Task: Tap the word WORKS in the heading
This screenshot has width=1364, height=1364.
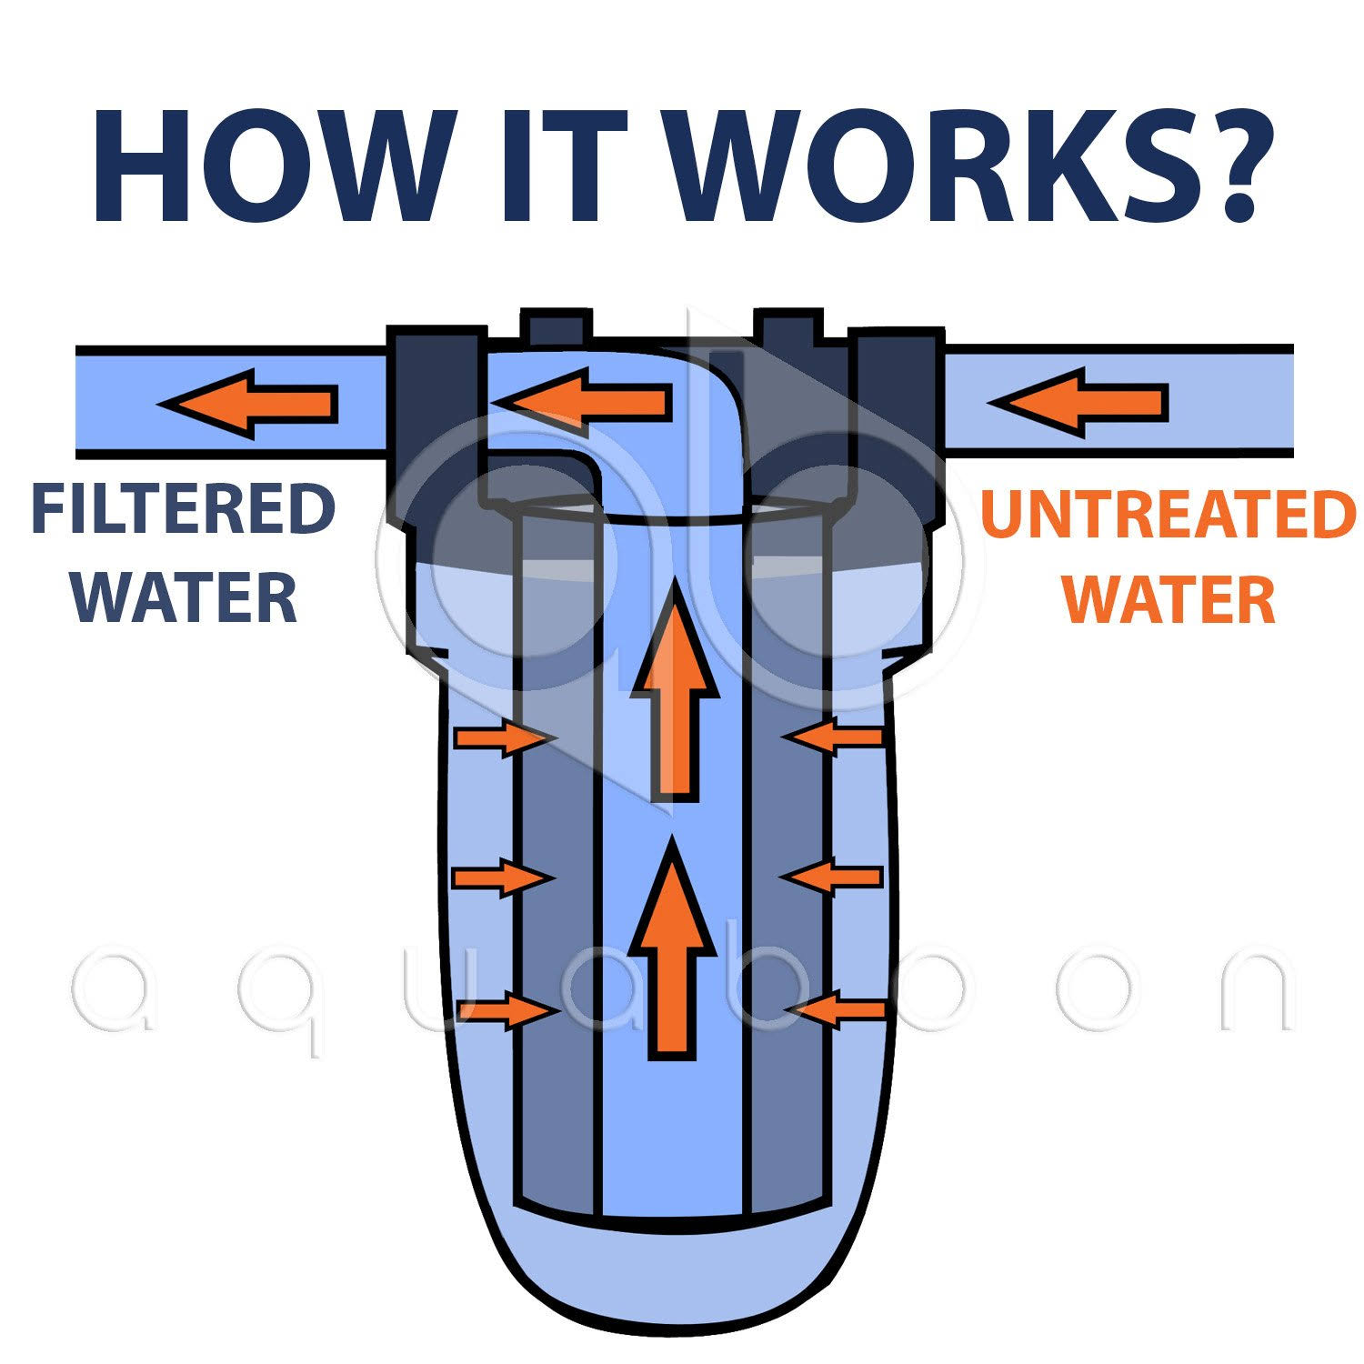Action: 918,168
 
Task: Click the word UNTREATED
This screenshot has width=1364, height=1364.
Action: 1168,515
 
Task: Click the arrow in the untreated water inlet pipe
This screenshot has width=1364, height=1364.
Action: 1078,401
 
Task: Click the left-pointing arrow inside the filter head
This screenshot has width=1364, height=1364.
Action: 583,397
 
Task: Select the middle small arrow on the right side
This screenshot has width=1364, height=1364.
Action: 831,877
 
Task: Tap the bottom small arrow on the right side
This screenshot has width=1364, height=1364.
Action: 836,1009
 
